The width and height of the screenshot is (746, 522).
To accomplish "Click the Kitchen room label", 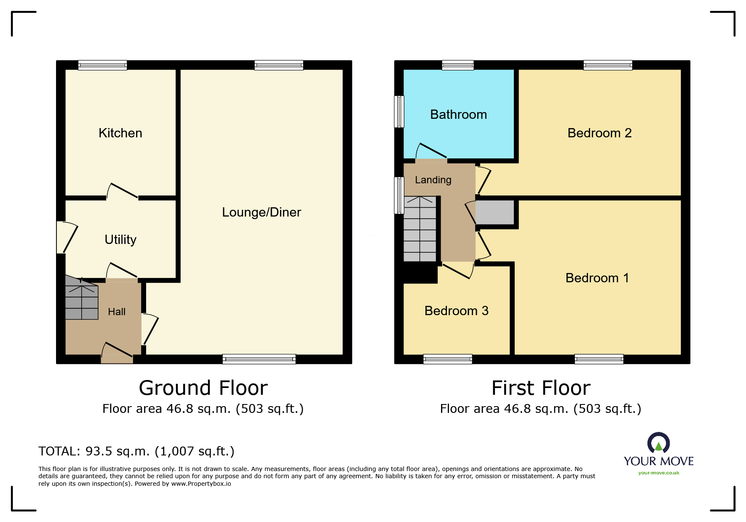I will (120, 133).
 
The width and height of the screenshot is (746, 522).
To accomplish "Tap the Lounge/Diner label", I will (261, 212).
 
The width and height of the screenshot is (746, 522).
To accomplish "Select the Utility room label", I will (120, 240).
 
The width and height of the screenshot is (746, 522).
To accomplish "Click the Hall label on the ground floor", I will (117, 312).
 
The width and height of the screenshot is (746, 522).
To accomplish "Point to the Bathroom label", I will (458, 115).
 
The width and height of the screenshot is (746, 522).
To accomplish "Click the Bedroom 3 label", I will (456, 311).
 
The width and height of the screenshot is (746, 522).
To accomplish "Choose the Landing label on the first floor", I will (433, 180).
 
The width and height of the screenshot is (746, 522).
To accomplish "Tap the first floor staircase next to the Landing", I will (420, 230).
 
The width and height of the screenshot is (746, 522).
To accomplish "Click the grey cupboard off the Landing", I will (495, 213).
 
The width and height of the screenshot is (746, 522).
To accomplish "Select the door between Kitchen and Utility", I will (122, 192).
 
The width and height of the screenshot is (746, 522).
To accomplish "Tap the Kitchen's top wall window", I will (102, 65).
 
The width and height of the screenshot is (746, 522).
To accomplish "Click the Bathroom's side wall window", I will (399, 112).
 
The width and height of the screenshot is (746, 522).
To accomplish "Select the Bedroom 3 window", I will (447, 359).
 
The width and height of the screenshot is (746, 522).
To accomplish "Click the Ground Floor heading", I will (203, 388).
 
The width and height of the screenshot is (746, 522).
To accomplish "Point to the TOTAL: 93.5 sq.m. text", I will (136, 451).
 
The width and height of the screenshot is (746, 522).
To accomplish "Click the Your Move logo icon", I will (658, 443).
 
